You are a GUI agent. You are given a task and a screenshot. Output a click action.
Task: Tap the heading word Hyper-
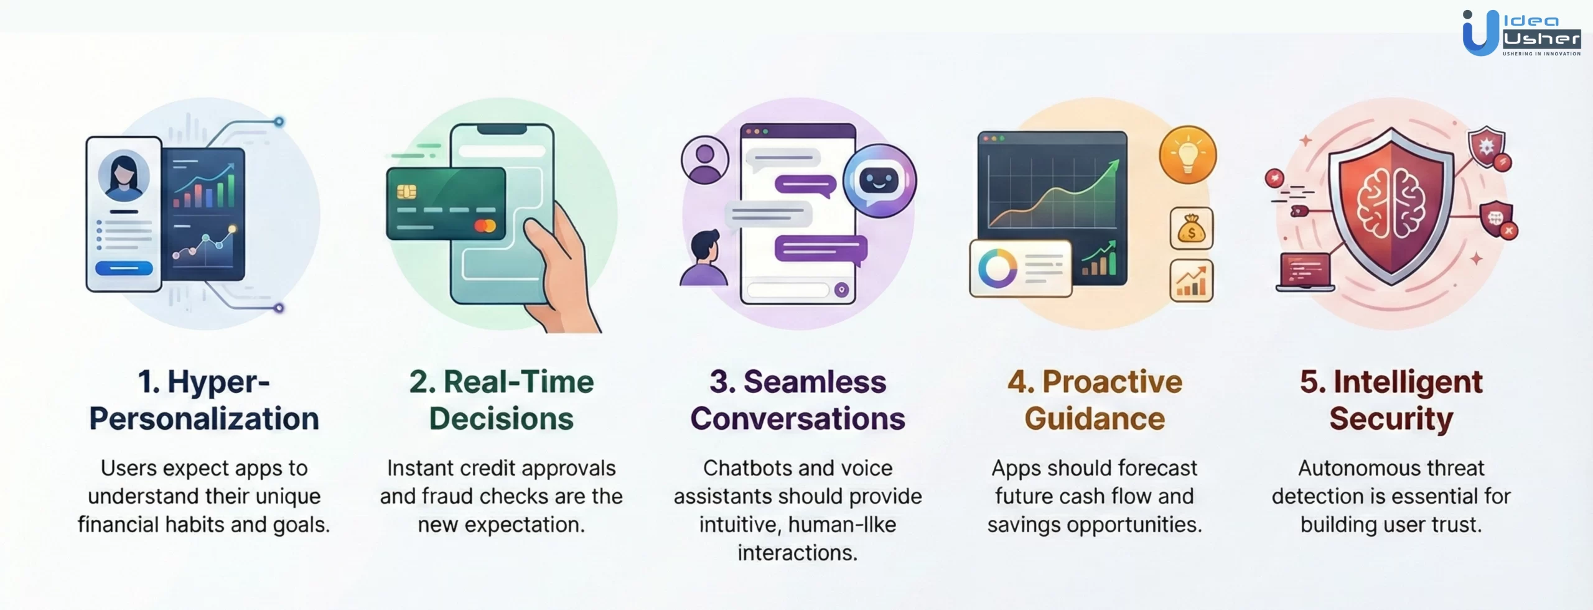[x=217, y=382]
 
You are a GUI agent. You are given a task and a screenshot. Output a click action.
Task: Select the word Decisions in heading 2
[x=501, y=418]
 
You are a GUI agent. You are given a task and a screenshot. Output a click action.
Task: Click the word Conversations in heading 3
[x=797, y=418]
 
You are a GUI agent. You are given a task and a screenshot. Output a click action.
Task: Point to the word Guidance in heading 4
[x=1094, y=418]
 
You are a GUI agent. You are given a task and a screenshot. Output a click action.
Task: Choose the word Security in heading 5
[x=1391, y=418]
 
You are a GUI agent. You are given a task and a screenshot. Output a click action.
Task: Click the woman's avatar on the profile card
[x=124, y=176]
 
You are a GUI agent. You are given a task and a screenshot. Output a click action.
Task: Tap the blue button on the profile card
[x=124, y=269]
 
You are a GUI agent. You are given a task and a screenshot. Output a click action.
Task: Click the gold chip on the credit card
[x=406, y=192]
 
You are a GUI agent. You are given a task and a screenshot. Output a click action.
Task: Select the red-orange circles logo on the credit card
[x=485, y=226]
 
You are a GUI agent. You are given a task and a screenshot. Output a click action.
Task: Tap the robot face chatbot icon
[x=879, y=180]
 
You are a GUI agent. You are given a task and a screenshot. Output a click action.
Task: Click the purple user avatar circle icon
[x=704, y=159]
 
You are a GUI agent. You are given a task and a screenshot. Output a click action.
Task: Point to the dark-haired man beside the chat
[x=704, y=258]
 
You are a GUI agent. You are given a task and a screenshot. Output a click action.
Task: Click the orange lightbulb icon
[x=1187, y=154]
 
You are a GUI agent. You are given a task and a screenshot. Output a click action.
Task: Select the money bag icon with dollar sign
[x=1191, y=229]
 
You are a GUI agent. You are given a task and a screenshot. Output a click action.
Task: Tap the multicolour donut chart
[x=997, y=269]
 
